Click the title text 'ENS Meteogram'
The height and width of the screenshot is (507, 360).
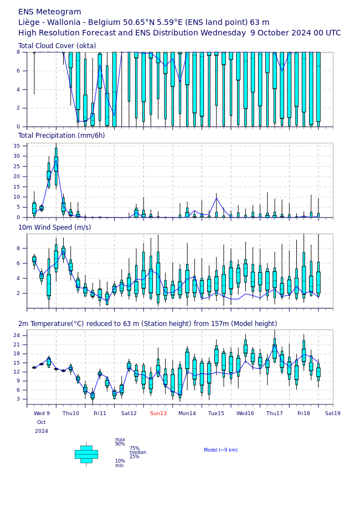click(x=49, y=12)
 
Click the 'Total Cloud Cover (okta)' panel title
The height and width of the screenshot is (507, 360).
click(x=57, y=46)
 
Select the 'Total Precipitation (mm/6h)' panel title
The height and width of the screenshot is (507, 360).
click(x=61, y=136)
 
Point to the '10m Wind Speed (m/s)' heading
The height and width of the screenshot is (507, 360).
click(x=54, y=227)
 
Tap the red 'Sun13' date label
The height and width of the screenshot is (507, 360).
click(x=158, y=413)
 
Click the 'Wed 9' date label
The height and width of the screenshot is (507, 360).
click(x=42, y=413)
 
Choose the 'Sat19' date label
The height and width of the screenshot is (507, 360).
click(x=333, y=413)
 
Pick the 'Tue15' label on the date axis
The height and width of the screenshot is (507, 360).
click(x=216, y=413)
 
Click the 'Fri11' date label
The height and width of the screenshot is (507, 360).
click(x=100, y=413)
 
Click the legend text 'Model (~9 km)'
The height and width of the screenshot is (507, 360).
click(x=220, y=450)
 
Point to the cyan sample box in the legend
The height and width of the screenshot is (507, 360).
click(x=86, y=454)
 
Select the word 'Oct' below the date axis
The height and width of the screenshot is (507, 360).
click(x=42, y=422)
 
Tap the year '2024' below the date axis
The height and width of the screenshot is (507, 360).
click(x=42, y=431)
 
